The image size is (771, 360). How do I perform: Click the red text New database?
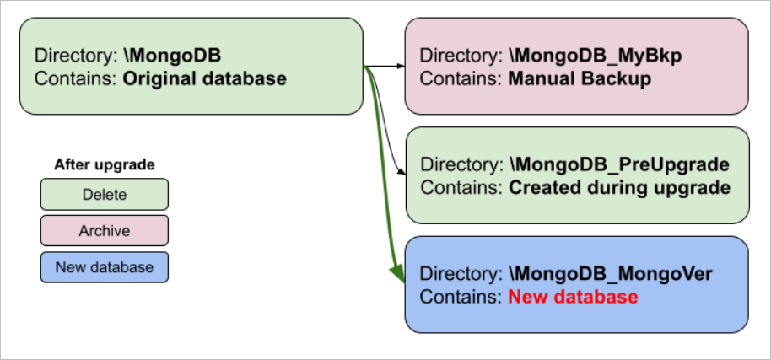[x=572, y=298]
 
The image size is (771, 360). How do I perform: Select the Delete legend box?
[x=104, y=195]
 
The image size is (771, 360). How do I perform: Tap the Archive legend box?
[x=104, y=231]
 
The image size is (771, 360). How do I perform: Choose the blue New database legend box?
[x=104, y=267]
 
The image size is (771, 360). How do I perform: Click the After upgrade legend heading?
[x=104, y=165]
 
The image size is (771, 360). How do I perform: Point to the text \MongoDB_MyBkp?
[x=595, y=56]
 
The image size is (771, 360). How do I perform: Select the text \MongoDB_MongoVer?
[x=612, y=274]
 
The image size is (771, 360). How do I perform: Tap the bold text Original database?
[x=205, y=79]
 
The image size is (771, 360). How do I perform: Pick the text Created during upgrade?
[x=619, y=188]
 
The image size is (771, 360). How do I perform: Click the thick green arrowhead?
[x=395, y=271]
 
